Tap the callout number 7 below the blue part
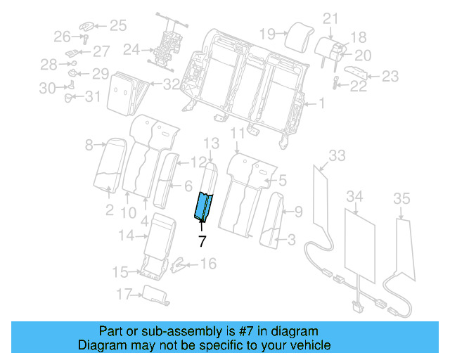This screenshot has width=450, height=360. [202, 241]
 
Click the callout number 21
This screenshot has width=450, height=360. [330, 18]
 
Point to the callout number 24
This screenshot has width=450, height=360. [130, 50]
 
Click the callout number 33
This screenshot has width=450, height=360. [337, 155]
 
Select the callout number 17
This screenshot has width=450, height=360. [123, 292]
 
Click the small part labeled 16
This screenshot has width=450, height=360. [180, 264]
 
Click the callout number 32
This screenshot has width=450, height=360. [171, 85]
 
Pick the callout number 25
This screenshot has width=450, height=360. [117, 26]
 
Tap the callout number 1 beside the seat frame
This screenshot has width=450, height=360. [321, 104]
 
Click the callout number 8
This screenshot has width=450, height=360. [89, 146]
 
